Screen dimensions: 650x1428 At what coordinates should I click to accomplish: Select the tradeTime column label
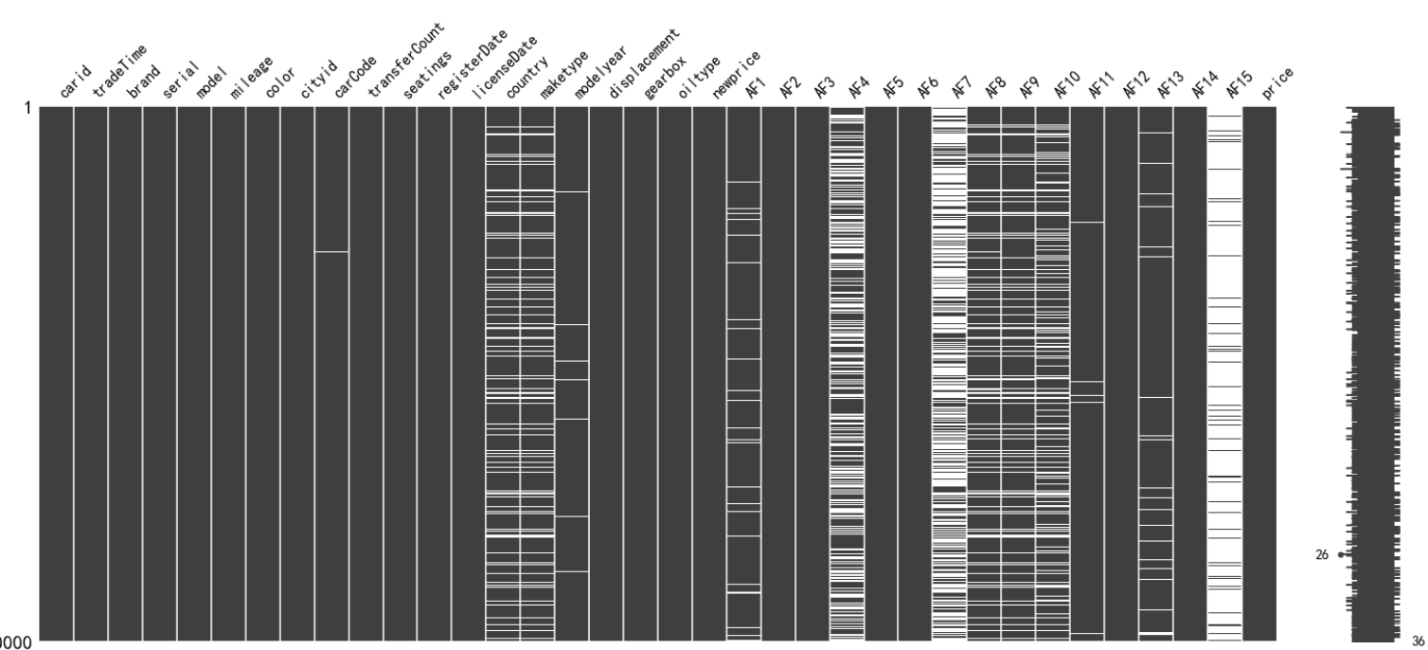click(111, 81)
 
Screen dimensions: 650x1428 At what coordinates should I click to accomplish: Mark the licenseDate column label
click(500, 72)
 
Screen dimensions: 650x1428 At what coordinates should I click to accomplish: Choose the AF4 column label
click(859, 89)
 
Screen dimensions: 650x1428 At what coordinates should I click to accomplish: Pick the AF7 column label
click(962, 89)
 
